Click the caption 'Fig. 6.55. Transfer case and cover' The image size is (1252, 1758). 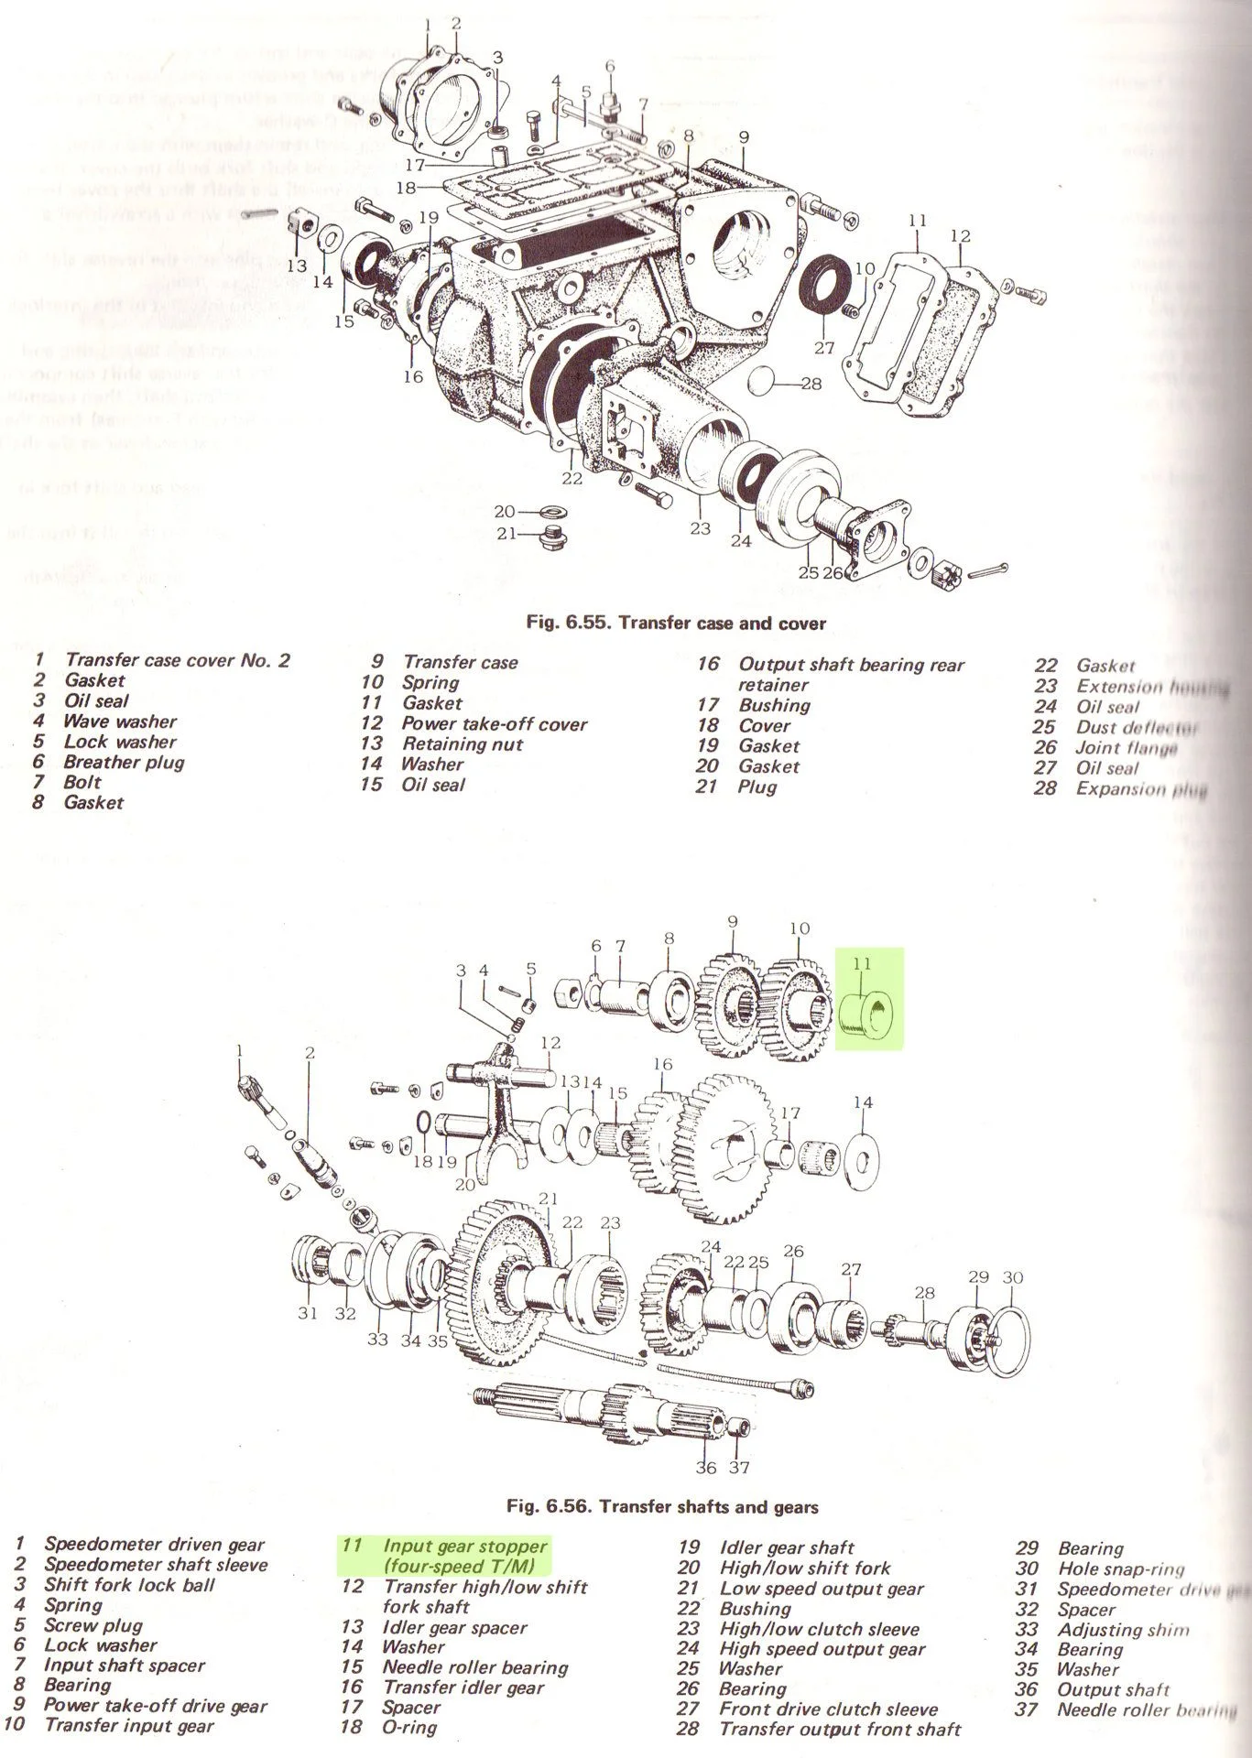(x=676, y=624)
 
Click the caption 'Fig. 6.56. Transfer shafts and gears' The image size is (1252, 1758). (x=662, y=1506)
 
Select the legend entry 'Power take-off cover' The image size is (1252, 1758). (x=494, y=723)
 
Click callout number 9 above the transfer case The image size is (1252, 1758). (x=744, y=138)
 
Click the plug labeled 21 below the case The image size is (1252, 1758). (x=550, y=537)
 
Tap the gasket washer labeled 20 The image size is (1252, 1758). (x=554, y=511)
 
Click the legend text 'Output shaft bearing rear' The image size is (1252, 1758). (x=851, y=665)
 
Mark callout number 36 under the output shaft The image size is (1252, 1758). (x=705, y=1468)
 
